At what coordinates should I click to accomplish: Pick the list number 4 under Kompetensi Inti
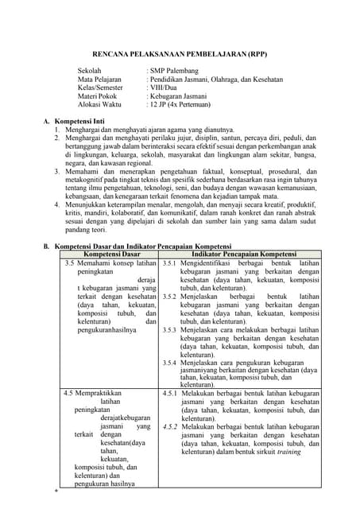click(x=57, y=204)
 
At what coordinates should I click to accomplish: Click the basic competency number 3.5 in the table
click(x=70, y=262)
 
